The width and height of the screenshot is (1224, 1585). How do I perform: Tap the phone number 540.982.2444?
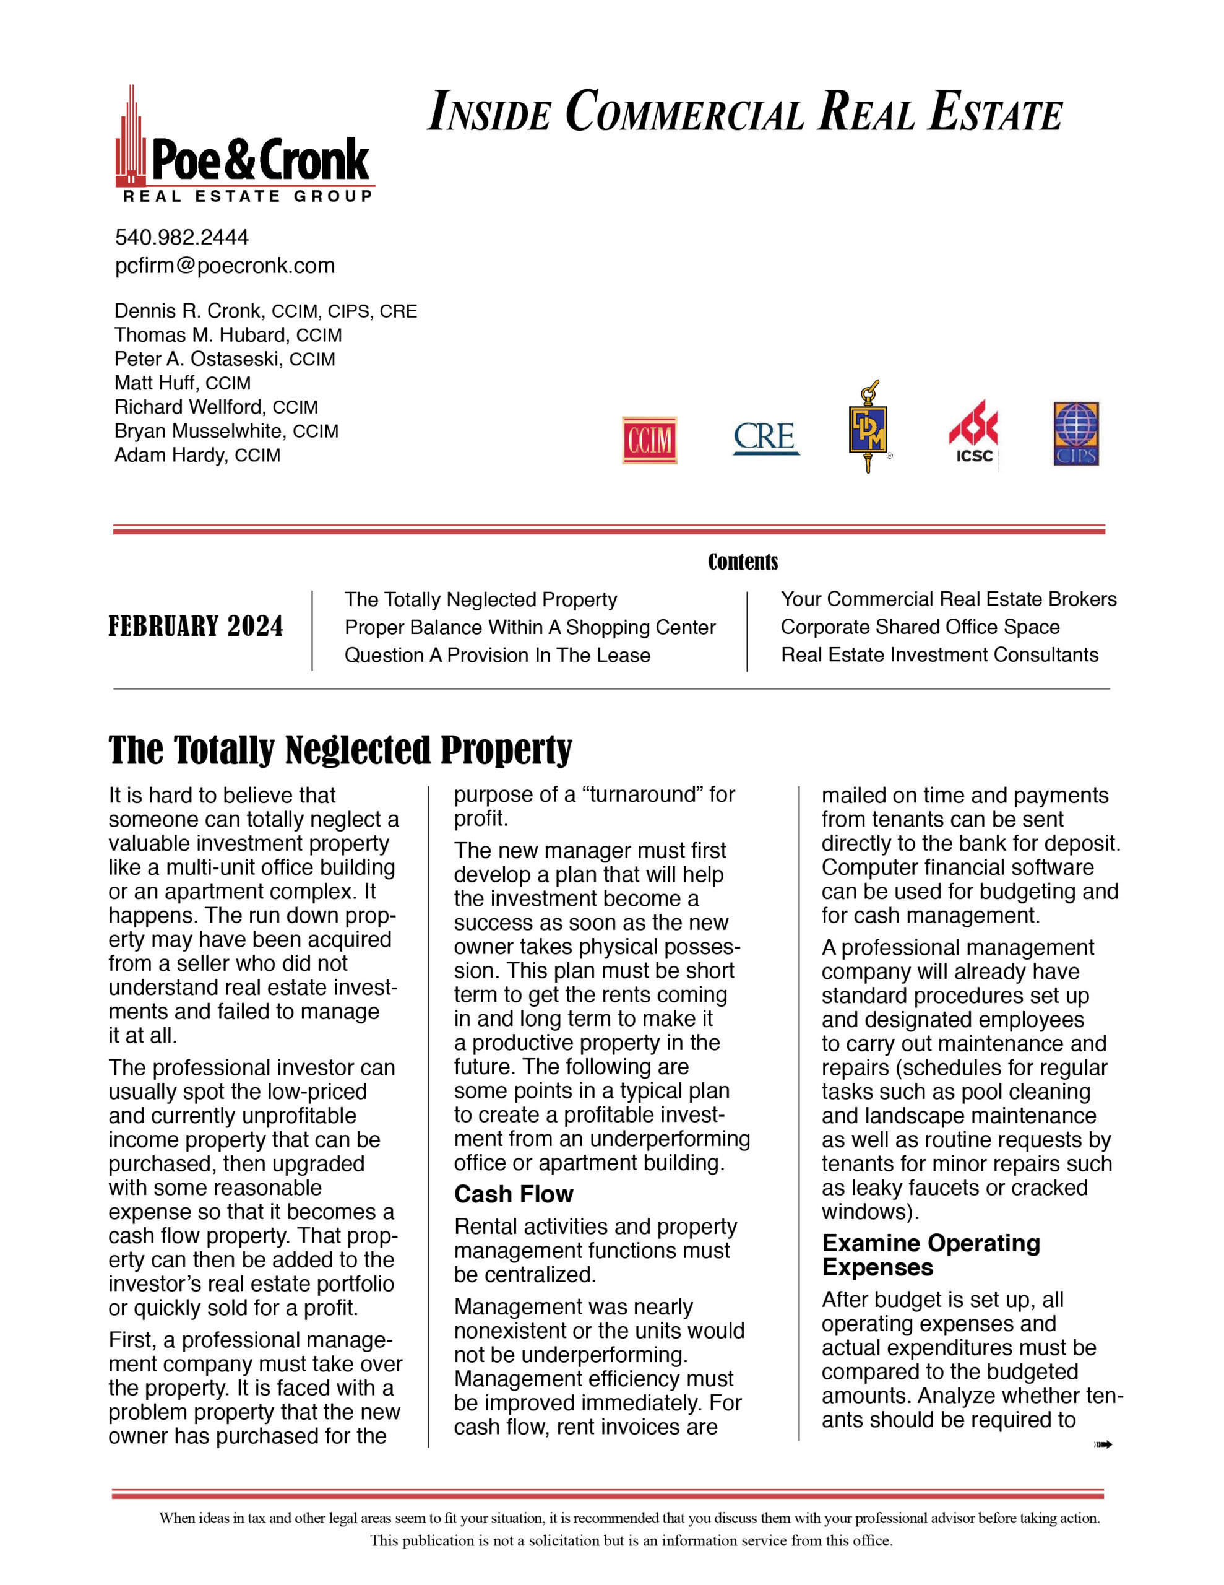181,237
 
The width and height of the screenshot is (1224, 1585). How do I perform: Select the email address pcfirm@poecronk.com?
225,266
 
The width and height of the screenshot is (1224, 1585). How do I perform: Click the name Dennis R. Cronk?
188,311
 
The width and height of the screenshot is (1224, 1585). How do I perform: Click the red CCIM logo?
649,440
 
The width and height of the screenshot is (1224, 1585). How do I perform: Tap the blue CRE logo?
765,438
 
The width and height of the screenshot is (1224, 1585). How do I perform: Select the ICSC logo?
973,432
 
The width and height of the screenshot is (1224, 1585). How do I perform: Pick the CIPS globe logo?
1076,433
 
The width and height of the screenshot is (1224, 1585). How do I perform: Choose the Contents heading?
742,562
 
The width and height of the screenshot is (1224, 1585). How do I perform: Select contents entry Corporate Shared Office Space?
920,627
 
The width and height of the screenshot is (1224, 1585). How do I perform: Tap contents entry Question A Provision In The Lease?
497,655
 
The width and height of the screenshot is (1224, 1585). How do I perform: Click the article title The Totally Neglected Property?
340,750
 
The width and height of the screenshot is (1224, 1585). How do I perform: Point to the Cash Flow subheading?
514,1194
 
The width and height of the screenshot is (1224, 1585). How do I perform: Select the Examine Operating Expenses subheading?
931,1255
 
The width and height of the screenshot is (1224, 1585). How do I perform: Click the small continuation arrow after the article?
1103,1444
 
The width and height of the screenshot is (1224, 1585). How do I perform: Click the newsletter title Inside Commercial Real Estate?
744,112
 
